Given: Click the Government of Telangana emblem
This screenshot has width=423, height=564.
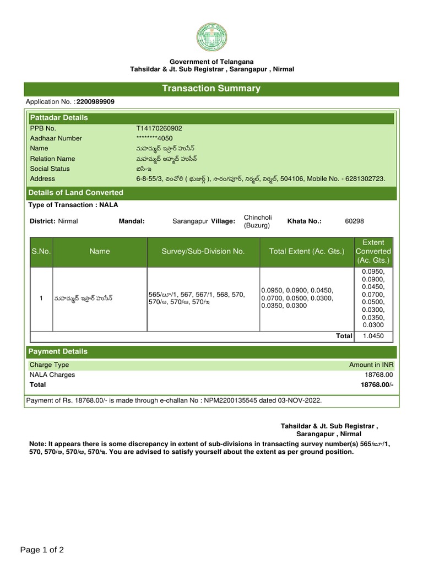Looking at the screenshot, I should coord(211,37).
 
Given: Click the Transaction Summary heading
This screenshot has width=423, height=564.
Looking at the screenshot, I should coord(211,89).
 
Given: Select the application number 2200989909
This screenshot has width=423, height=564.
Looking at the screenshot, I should coord(96,102).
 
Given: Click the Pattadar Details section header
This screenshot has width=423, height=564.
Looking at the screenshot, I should coord(59,118).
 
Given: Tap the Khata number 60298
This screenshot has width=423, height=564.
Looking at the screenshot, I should coord(354,221).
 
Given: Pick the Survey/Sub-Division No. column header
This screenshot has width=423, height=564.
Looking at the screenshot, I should coord(203,251).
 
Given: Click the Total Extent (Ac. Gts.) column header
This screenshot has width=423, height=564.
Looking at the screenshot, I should coord(306,251).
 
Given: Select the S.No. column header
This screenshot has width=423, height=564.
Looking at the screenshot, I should coord(41,251).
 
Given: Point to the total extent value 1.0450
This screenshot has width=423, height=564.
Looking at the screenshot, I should coord(373,336).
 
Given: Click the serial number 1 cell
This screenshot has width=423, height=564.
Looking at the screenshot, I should coord(41,299).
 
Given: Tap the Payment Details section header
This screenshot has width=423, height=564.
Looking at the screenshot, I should coord(58,351).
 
